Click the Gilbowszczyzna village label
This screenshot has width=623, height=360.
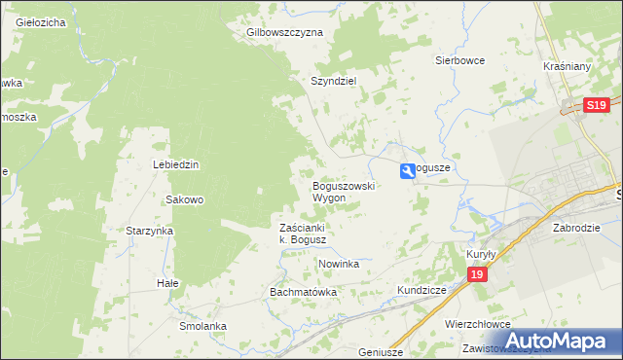point(284,32)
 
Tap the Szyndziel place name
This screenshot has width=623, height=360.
point(336,82)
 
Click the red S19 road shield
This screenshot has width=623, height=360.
point(597,105)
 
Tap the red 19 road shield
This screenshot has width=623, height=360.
point(476,276)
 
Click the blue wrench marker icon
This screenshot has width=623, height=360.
point(407,171)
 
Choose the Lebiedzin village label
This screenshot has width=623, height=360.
point(176,164)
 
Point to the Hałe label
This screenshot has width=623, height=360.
point(168,283)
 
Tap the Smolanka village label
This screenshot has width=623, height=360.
point(202,326)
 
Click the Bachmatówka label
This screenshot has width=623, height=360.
point(303,292)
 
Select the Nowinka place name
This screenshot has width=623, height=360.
point(339,264)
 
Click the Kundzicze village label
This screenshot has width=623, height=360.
point(421,291)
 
